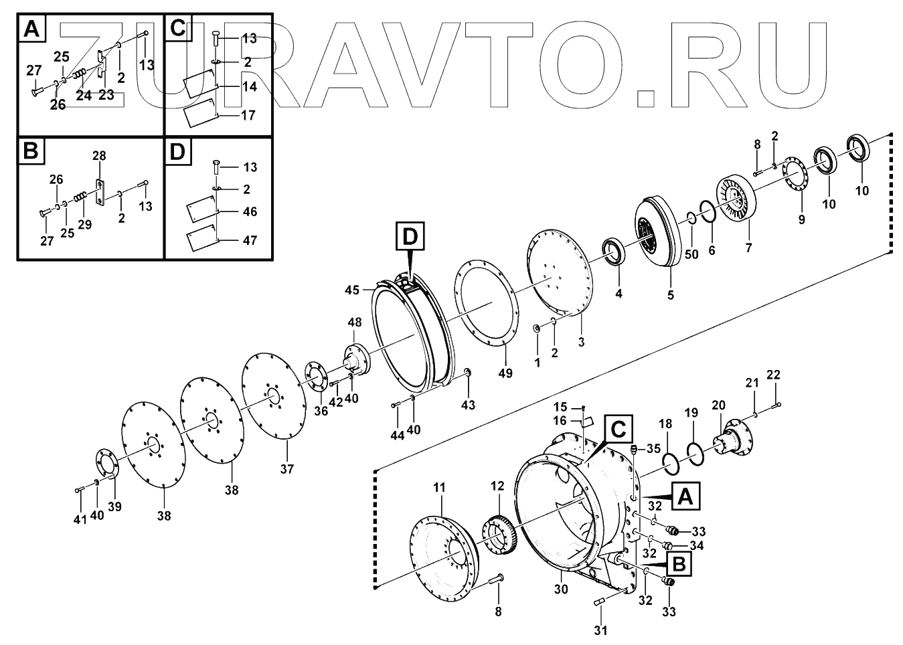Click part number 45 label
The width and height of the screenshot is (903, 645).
click(x=352, y=290)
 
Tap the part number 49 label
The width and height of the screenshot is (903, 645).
click(x=505, y=373)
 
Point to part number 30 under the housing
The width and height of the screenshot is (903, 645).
click(x=561, y=589)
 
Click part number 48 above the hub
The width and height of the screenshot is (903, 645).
click(x=354, y=322)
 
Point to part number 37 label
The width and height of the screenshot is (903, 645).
click(x=286, y=469)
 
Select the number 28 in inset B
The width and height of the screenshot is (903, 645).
click(x=99, y=156)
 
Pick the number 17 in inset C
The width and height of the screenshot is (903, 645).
click(x=248, y=115)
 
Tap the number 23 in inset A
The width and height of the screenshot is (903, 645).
click(x=106, y=95)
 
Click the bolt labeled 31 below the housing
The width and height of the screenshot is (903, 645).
click(x=600, y=603)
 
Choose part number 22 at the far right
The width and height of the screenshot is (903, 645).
click(x=773, y=375)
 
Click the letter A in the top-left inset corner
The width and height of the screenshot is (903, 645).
click(x=31, y=28)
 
